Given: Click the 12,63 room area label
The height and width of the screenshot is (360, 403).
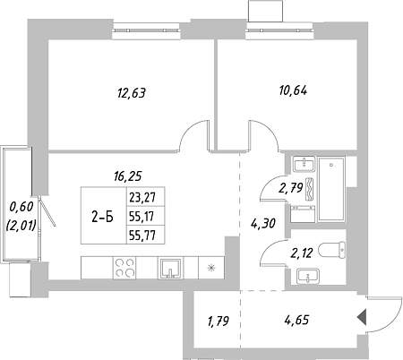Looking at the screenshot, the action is point(132,93).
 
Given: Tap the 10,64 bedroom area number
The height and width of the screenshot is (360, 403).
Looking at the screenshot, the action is point(293,90).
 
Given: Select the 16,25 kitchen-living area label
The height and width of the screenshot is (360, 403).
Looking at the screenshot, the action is point(127,176).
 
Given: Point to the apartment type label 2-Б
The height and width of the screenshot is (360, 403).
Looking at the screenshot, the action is point(102,217).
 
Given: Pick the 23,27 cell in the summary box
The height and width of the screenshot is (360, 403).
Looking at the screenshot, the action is point(142,197).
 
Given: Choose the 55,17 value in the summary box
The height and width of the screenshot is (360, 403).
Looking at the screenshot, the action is point(142,217).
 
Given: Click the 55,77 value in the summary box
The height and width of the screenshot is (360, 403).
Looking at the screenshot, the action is point(142,236).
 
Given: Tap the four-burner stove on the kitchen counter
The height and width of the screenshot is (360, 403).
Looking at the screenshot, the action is point(124,268).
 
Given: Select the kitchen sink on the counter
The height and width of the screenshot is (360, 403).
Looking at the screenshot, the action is point(170,268).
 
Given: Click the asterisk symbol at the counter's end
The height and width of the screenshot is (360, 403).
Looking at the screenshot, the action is point(211,268).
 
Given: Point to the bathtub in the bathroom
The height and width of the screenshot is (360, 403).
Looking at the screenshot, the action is point(331,189).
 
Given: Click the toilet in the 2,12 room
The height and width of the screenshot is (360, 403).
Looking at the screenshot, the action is point(332,250).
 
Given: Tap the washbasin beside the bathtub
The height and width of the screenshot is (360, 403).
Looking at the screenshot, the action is point(304,164).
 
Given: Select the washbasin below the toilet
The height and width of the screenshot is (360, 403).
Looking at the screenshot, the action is point(308,276).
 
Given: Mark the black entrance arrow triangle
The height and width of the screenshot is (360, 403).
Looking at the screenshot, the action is point(362,317).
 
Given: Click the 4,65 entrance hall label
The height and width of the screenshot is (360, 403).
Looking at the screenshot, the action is point(296,320).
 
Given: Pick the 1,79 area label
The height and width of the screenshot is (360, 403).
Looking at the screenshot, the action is point(219,321).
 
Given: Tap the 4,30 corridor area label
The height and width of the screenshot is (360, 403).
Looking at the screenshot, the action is point(263,223).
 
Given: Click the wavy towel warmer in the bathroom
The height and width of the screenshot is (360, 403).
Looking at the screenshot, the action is point(310,189).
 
